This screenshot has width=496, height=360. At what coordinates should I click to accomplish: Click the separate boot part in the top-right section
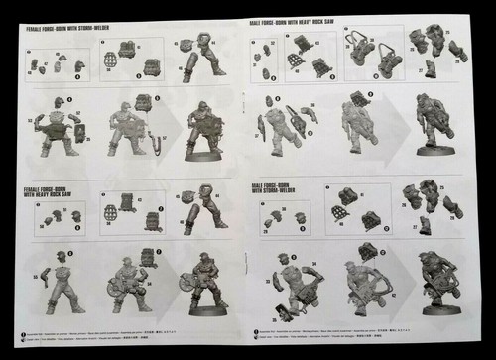(x=431, y=68)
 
